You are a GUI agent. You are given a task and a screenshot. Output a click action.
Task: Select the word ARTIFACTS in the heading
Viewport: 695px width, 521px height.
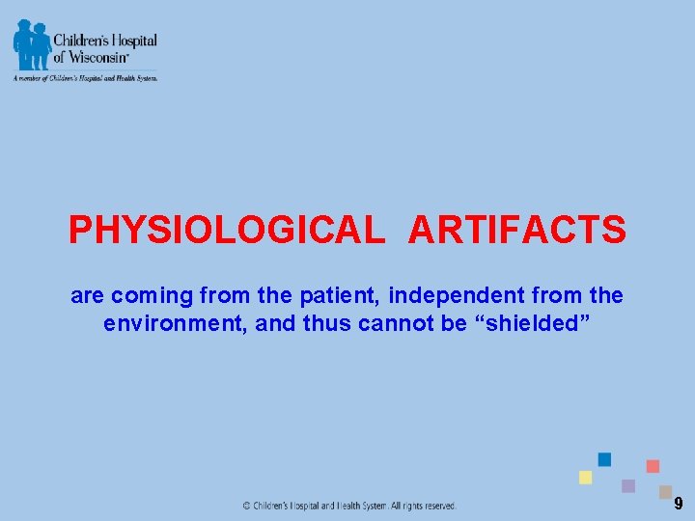(x=517, y=231)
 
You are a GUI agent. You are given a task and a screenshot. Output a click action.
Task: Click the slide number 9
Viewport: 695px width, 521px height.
(x=679, y=504)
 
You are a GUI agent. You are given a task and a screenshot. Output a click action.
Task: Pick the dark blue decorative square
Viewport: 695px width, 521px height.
(x=604, y=459)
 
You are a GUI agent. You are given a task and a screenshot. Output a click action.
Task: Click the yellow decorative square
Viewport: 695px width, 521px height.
(x=585, y=478)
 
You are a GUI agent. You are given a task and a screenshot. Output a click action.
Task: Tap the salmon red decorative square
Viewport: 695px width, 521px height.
(x=653, y=466)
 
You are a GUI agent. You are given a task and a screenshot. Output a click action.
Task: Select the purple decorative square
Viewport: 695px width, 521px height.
(x=628, y=486)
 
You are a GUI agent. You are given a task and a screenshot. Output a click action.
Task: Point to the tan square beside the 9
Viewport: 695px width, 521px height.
(x=665, y=491)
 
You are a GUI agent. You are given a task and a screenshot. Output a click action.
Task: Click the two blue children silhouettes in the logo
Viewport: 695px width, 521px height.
(x=31, y=44)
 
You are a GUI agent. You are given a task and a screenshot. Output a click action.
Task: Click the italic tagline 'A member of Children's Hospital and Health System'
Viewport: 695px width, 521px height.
(x=85, y=77)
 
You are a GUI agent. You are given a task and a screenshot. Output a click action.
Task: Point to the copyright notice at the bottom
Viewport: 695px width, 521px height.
(x=348, y=506)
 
